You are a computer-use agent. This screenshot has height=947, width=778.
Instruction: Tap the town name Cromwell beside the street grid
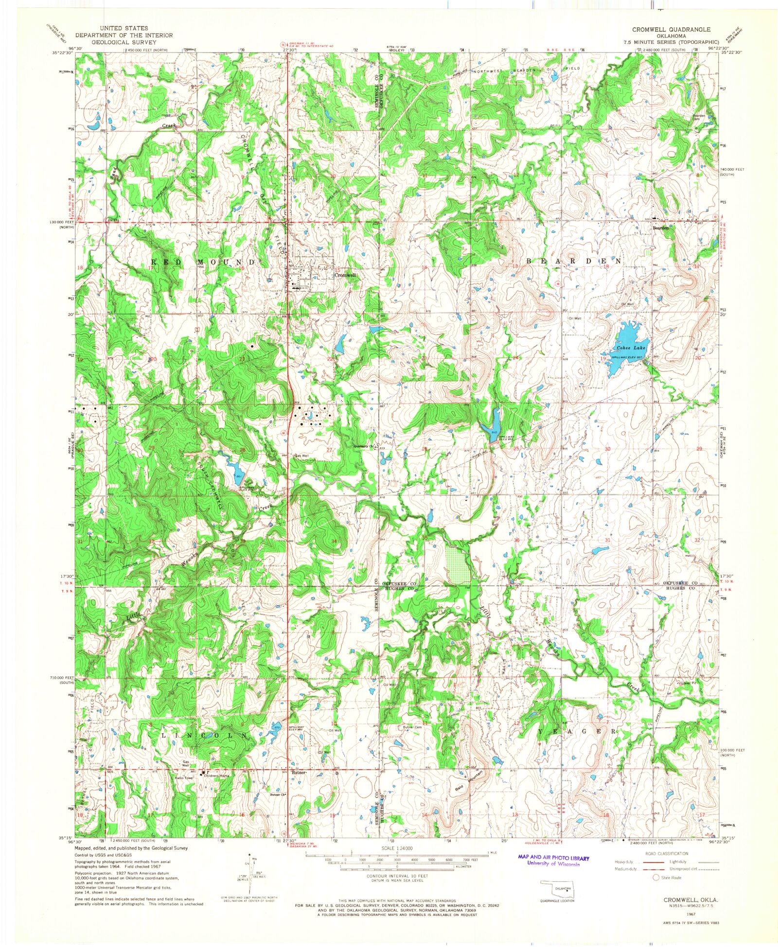345,275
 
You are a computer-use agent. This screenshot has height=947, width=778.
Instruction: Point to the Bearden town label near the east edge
661,228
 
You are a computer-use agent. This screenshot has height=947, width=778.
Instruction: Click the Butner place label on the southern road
298,772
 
